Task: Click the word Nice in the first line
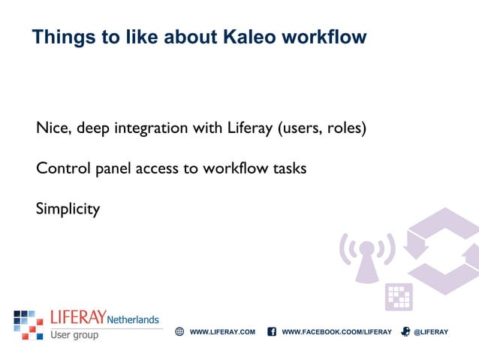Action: pos(51,129)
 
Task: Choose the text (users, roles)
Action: pos(322,129)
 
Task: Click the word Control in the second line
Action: pos(61,168)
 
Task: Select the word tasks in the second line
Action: pos(288,168)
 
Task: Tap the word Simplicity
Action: pos(68,209)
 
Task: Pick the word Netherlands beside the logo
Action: pos(133,319)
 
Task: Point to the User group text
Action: pos(74,335)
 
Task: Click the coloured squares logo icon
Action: pos(29,324)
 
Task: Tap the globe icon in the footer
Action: pos(179,331)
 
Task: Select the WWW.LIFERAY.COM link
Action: pos(222,331)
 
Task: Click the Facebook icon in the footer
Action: pos(272,331)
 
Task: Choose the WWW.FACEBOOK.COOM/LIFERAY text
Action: pos(336,331)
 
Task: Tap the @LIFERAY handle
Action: pos(431,331)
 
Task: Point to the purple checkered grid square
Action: pos(398,297)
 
